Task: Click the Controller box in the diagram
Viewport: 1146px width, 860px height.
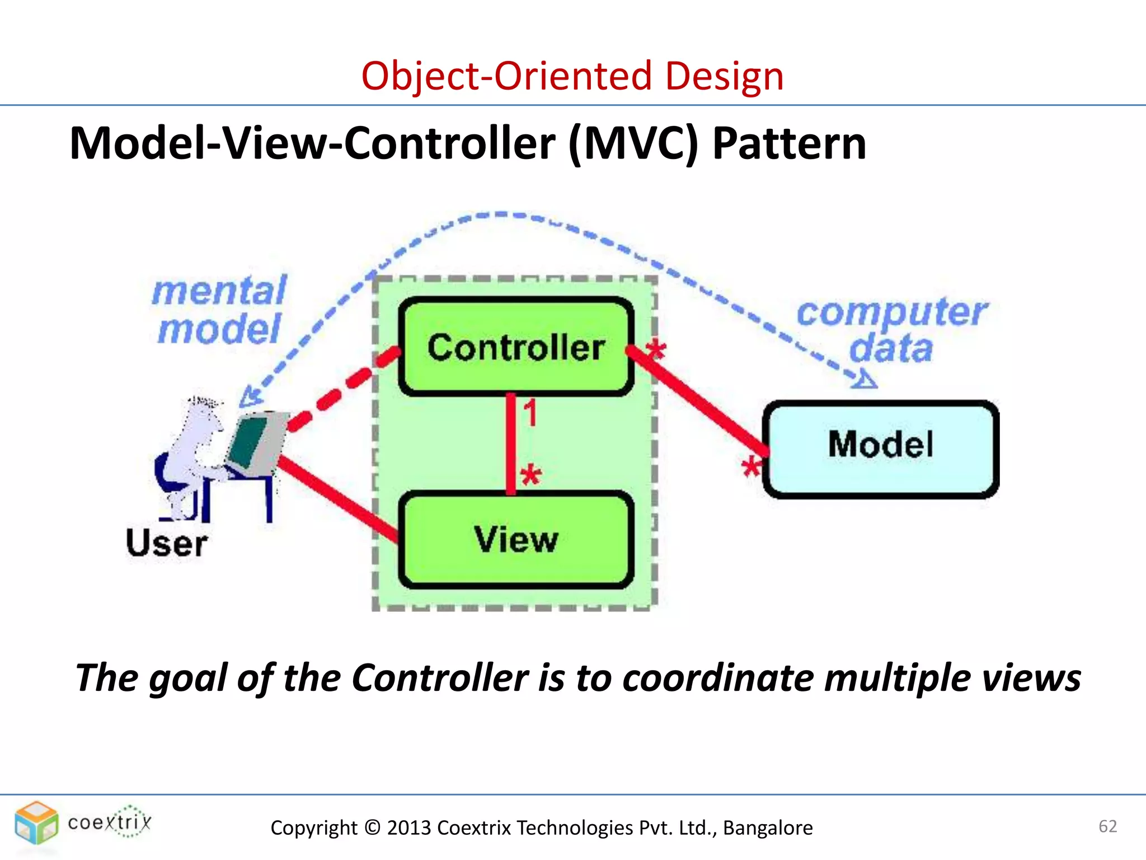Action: (x=516, y=347)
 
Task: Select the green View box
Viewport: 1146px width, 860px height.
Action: (x=516, y=539)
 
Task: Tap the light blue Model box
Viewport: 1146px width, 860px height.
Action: (x=881, y=448)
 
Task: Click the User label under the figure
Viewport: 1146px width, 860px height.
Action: (x=167, y=543)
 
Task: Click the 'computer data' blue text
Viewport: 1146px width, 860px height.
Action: (x=892, y=330)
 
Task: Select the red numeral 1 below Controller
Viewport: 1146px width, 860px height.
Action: (x=530, y=413)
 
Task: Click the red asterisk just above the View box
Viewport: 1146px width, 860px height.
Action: (x=530, y=476)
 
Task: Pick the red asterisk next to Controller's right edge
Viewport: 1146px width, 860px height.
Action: (x=656, y=350)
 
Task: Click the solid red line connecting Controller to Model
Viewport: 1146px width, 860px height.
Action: (x=699, y=403)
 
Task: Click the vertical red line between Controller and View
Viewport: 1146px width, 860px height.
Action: (x=511, y=442)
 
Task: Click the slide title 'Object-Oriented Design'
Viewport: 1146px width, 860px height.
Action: (x=572, y=76)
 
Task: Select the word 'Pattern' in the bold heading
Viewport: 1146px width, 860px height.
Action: (x=789, y=144)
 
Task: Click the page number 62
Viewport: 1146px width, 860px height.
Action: (x=1107, y=826)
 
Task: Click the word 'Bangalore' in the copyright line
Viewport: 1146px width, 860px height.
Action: (x=767, y=828)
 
